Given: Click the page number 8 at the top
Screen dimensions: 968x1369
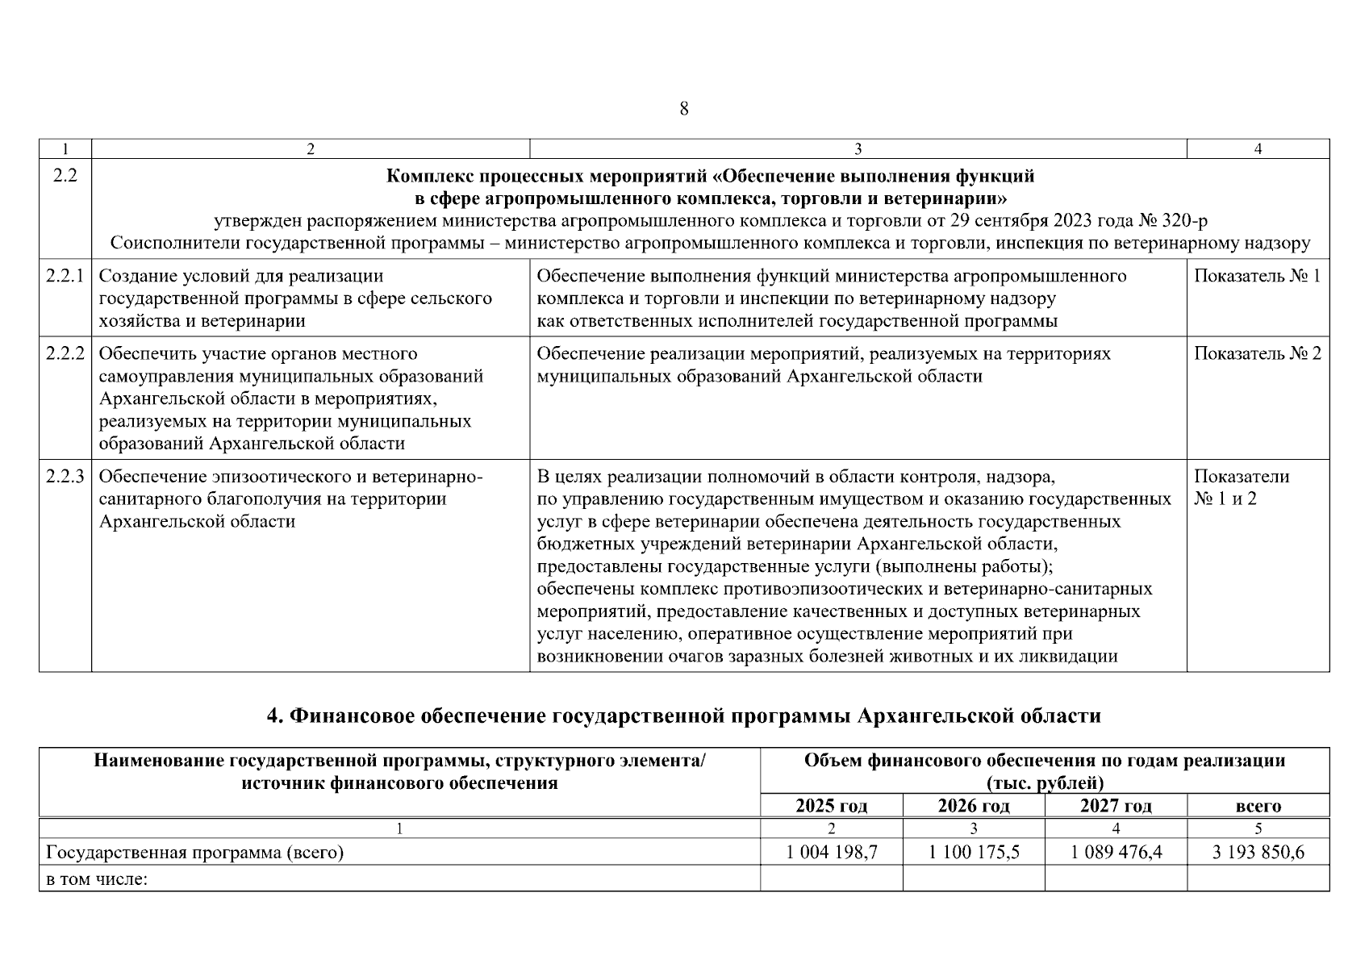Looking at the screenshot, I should coord(684,109).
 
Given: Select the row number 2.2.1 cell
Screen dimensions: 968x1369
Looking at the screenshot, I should coord(65,277).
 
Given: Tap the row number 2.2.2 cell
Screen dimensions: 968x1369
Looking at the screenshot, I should coord(65,354).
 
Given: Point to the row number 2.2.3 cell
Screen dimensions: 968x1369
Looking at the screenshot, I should coord(65,477).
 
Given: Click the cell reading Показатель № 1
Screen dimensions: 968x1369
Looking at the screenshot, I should coord(1257,277).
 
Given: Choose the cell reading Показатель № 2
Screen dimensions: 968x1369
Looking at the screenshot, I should coord(1257,354).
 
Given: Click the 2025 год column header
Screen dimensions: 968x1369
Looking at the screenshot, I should coord(831,806).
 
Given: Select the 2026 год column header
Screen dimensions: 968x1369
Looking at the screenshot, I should coord(974,806).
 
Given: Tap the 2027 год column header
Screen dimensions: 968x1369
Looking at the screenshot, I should coord(1116,806).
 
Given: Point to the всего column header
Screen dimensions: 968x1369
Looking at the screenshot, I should coord(1258,806).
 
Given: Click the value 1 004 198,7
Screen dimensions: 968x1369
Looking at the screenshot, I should coord(832,853).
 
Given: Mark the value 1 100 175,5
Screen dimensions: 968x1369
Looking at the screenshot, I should coord(974,853).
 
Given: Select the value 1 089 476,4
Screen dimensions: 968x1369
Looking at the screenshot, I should coord(1116,853).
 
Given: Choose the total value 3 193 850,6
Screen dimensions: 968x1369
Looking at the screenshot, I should coord(1258,853).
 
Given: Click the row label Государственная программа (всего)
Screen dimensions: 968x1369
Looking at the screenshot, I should coord(194,853).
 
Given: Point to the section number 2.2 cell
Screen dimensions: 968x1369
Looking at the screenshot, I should coord(65,176).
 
